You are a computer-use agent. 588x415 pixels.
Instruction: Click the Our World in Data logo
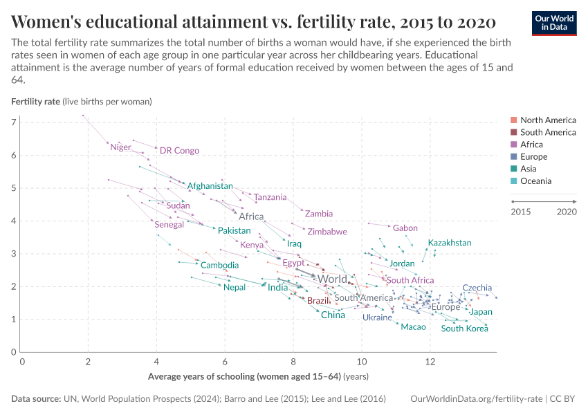point(553,23)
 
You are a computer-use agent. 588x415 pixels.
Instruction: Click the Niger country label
point(120,147)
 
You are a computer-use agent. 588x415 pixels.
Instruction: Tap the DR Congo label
point(179,150)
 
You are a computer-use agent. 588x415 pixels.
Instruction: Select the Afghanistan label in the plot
point(210,186)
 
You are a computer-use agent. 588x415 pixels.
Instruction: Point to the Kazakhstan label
point(449,243)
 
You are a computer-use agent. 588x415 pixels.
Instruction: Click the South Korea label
point(464,329)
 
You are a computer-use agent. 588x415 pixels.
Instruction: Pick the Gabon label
point(405,228)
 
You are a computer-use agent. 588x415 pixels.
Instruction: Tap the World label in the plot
point(332,279)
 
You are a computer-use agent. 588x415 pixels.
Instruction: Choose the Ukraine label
point(377,317)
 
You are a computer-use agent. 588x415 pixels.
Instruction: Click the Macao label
point(413,326)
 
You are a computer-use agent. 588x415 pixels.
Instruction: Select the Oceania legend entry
point(535,181)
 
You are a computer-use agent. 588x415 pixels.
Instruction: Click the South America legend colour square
point(513,132)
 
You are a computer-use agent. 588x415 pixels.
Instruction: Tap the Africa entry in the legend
point(531,145)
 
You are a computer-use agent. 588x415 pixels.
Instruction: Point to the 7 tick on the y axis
point(14,122)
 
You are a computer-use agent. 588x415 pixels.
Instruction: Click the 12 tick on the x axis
point(430,361)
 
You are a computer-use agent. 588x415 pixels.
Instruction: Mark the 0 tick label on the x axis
point(22,361)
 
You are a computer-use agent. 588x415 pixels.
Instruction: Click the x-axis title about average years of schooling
point(257,377)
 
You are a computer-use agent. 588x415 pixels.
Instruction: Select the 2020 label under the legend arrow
point(567,212)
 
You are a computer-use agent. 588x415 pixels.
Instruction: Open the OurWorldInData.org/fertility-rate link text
point(477,399)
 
